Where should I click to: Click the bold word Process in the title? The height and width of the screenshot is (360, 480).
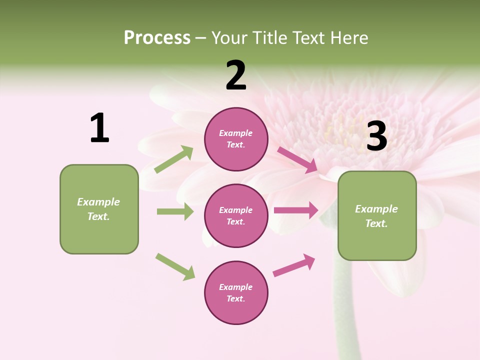point(157,37)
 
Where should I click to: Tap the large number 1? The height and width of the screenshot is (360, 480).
point(99,128)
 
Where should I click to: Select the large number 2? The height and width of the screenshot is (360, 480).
point(236,75)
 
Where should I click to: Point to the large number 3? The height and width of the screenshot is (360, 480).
point(376,136)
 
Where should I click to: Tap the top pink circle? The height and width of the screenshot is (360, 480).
point(236,139)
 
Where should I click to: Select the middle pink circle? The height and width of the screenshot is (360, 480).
point(236,215)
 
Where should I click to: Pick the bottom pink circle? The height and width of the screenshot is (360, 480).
point(236,292)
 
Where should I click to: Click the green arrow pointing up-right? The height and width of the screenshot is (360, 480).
point(174,159)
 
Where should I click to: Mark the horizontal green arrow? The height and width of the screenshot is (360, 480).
point(175,211)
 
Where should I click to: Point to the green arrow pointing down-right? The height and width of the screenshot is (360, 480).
point(175,266)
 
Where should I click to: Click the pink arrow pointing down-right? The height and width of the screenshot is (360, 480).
point(297,159)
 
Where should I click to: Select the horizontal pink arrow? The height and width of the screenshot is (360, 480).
point(295,210)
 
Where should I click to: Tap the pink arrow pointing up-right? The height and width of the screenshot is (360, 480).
point(294,265)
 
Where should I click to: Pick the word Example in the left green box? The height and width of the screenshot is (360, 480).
point(98,202)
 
